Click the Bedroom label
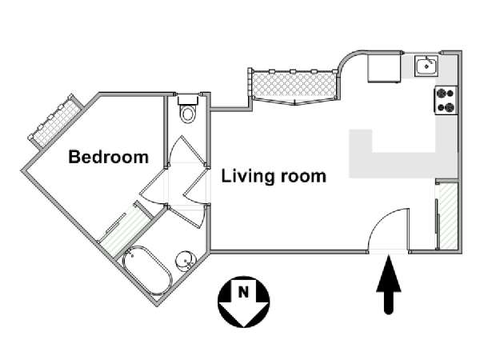coord(108,157)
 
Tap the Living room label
coord(274,176)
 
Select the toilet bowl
coord(187,114)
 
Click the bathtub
coord(147,270)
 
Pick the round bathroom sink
coord(185,261)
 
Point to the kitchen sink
coord(426,66)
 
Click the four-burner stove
coord(446,100)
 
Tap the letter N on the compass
coord(243,292)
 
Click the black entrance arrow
coord(389,284)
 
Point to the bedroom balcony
coord(55,121)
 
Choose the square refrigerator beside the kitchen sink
coord(384,68)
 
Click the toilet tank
coord(187,100)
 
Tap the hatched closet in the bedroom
coord(126,229)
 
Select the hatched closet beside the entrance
coord(447,215)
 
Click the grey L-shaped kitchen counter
coord(403,153)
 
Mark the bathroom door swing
coord(187,217)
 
